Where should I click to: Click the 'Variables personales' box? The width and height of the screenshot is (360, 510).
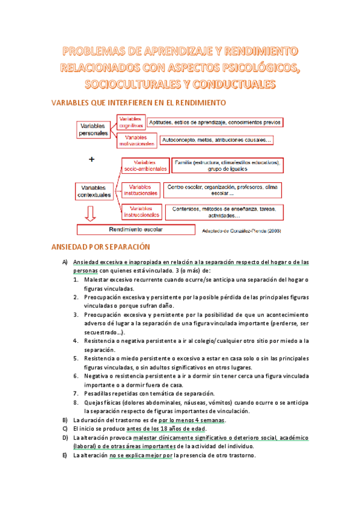93,129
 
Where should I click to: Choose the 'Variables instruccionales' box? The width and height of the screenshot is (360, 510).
142,211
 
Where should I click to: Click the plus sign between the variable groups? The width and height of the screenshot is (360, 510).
91,159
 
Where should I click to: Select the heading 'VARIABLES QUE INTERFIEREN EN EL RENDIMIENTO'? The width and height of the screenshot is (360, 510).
139,103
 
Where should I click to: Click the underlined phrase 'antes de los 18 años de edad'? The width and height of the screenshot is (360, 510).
166,428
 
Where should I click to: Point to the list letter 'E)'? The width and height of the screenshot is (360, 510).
65,455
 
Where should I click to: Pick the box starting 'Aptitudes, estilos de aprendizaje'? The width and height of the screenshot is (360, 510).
215,122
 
